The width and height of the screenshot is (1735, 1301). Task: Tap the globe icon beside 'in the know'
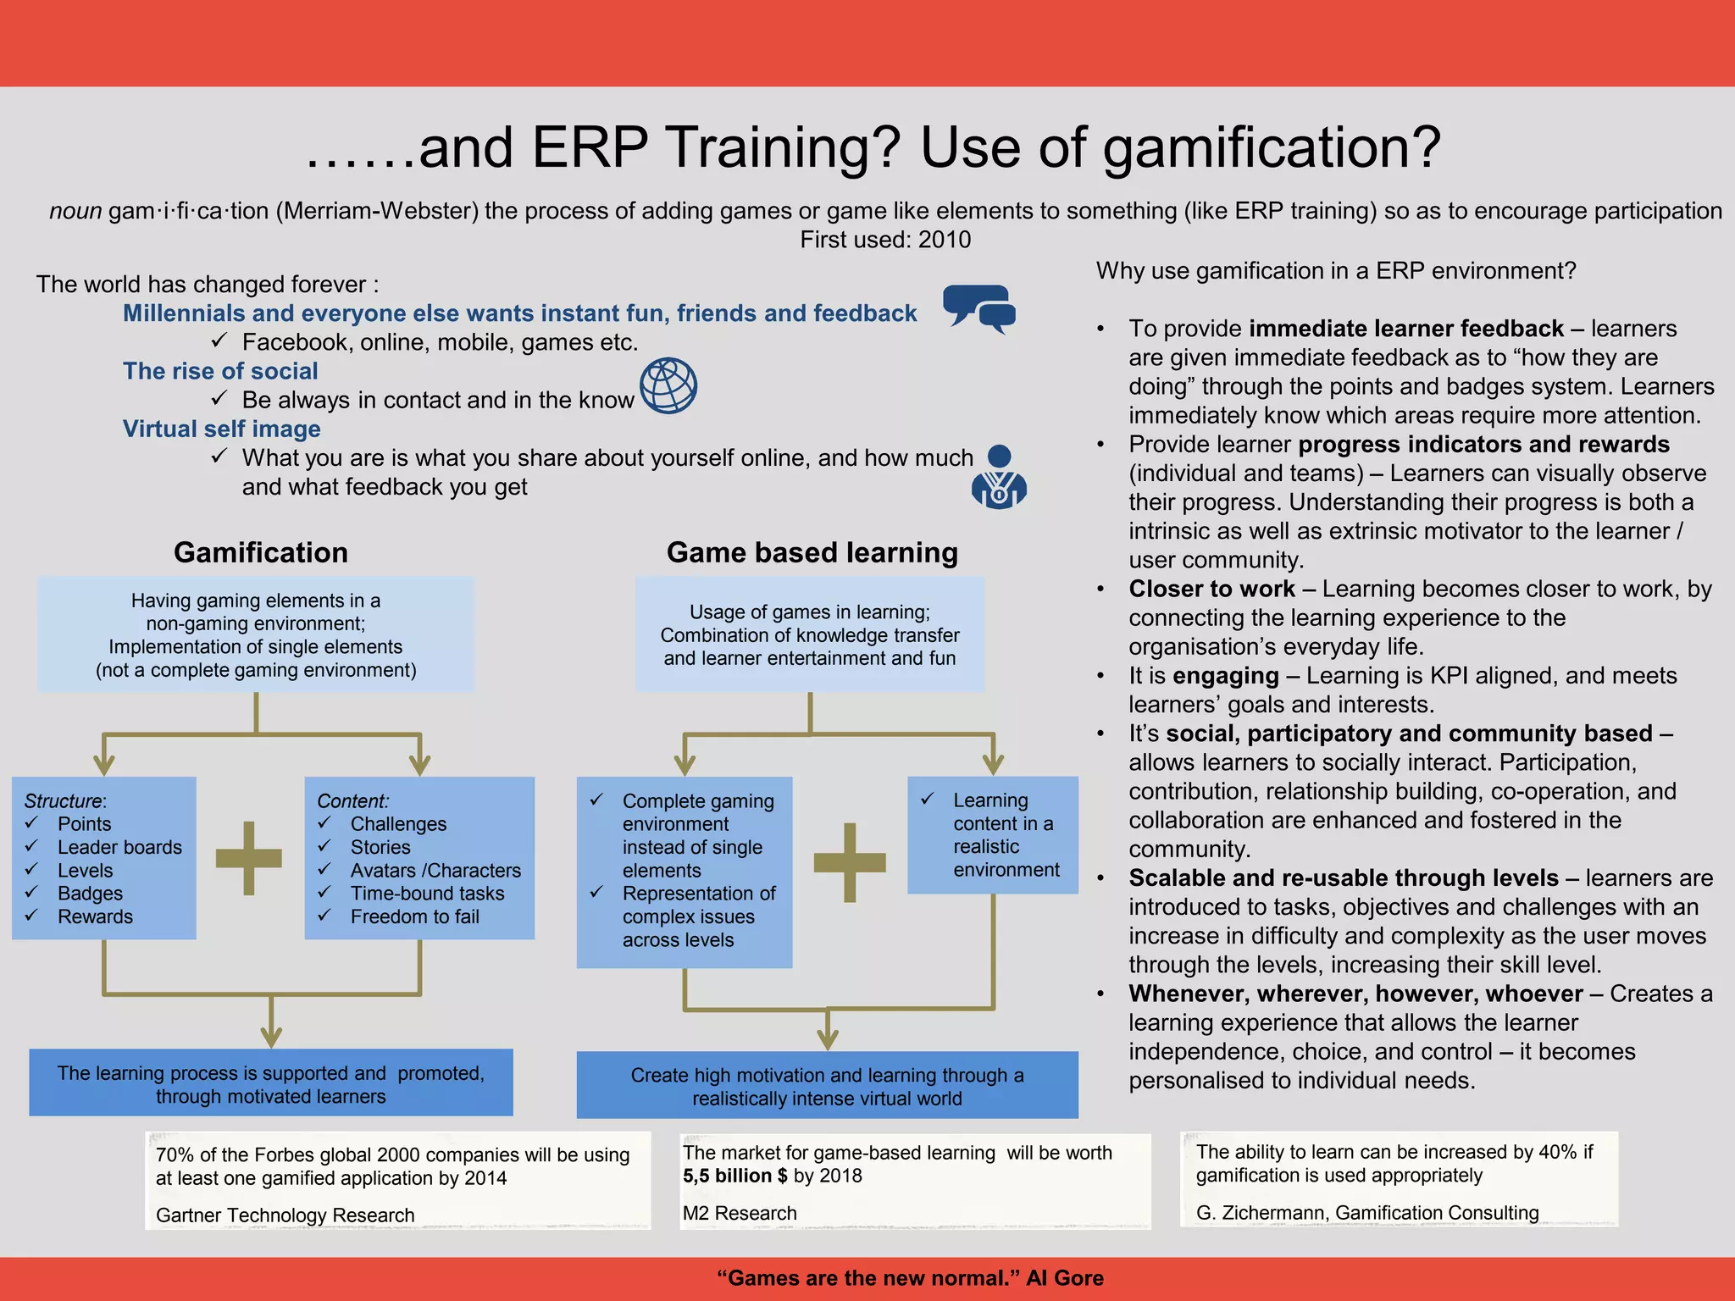[668, 385]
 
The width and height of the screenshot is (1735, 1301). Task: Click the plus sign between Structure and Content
[249, 858]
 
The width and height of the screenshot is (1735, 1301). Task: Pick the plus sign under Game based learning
[850, 862]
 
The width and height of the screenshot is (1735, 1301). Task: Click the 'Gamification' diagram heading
[261, 552]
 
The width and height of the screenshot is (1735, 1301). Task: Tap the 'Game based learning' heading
[812, 552]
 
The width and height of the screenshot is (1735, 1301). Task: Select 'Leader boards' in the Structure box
[119, 847]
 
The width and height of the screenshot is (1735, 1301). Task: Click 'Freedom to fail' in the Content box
[414, 916]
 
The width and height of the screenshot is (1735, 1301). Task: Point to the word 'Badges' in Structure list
[90, 894]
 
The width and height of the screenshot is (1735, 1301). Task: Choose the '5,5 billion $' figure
[735, 1176]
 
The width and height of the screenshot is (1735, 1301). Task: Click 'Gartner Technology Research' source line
[285, 1215]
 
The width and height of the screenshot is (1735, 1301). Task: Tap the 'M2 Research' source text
[740, 1213]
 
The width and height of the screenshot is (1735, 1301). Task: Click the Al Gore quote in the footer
[910, 1278]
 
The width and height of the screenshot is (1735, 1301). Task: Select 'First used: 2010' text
[885, 240]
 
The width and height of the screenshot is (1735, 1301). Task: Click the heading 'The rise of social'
[220, 371]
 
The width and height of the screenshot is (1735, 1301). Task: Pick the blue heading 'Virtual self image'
[222, 429]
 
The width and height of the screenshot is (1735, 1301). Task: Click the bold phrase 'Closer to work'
[1211, 589]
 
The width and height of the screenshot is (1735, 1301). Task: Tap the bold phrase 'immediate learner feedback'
[1406, 329]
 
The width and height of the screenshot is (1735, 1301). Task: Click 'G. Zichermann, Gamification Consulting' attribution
[1367, 1213]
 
